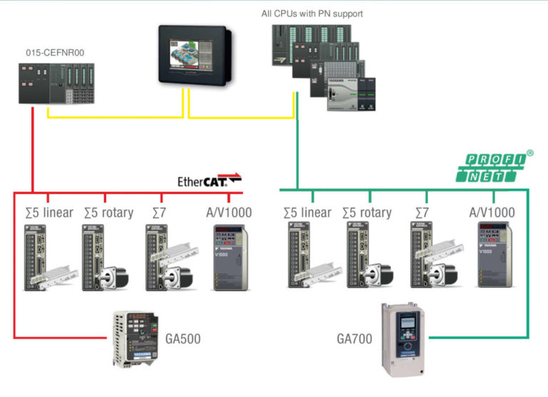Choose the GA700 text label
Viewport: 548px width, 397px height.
tap(354, 338)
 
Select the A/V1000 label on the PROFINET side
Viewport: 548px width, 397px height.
tap(492, 212)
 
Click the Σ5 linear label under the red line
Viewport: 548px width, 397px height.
tap(44, 212)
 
